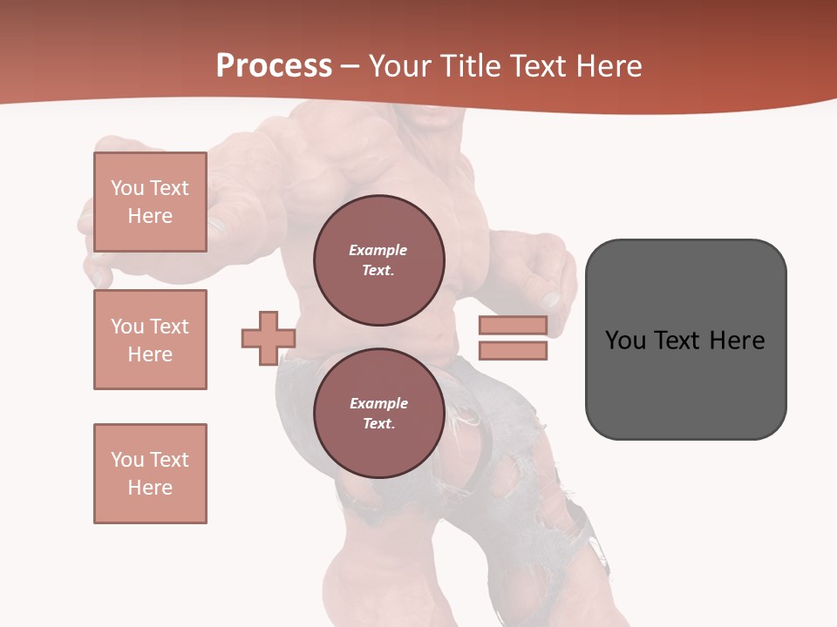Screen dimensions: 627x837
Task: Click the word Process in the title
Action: (x=274, y=66)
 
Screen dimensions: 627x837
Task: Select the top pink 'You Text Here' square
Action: (x=150, y=202)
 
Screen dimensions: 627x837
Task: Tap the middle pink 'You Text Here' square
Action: (x=150, y=340)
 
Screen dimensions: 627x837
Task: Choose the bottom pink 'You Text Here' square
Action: (x=150, y=474)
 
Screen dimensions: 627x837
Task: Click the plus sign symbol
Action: (x=268, y=339)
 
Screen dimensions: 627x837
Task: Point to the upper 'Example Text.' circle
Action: (x=378, y=260)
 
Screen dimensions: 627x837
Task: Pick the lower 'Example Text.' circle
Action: (x=378, y=414)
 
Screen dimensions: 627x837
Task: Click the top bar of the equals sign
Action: (x=513, y=325)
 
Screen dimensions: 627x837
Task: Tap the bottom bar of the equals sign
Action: (x=513, y=351)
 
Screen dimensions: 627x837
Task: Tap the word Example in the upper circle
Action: (x=378, y=250)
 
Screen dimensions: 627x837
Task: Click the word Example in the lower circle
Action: (x=378, y=403)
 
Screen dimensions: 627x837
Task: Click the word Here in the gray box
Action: (x=738, y=340)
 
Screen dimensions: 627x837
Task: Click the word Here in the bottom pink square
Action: (x=150, y=488)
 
